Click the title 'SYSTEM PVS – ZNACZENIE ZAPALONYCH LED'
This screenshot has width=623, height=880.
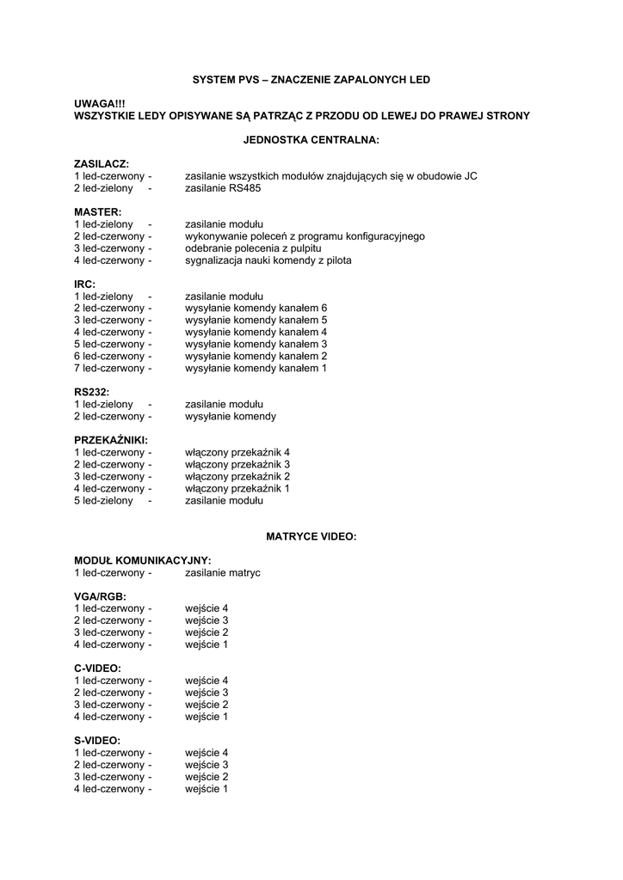(x=311, y=79)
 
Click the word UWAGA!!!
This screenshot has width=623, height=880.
(x=100, y=103)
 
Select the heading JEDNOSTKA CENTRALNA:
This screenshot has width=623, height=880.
(x=311, y=139)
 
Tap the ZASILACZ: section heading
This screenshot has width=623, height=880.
(x=102, y=163)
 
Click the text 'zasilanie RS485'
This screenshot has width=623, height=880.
(x=223, y=187)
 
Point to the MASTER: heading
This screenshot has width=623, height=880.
(x=98, y=211)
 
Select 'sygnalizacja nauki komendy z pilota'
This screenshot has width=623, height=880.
(x=268, y=260)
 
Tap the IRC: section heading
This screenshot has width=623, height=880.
(x=85, y=284)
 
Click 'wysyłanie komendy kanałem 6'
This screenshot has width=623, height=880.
(x=256, y=308)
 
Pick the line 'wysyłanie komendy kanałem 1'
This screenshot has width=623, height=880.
(x=256, y=368)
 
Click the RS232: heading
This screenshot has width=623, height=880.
(x=92, y=392)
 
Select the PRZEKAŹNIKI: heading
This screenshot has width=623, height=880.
(x=111, y=440)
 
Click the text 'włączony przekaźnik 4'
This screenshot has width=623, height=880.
(x=237, y=452)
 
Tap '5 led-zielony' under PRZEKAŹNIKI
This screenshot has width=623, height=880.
(x=104, y=500)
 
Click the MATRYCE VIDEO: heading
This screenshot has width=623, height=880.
(x=311, y=536)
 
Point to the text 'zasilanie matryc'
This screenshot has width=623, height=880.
(x=222, y=572)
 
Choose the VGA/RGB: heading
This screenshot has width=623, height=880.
(x=100, y=596)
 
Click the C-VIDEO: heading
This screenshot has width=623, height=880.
(x=97, y=669)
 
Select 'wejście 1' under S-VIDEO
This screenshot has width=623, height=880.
(x=207, y=789)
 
